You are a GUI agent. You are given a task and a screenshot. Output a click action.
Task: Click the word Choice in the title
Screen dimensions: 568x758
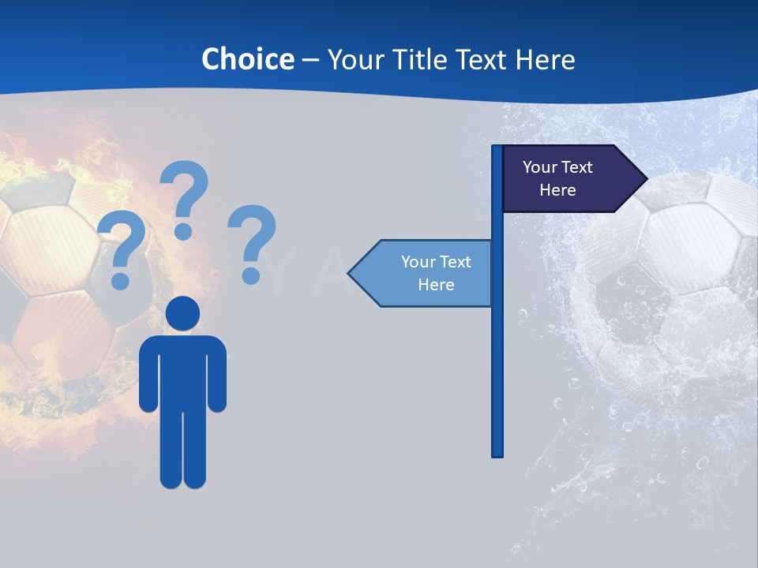pos(247,59)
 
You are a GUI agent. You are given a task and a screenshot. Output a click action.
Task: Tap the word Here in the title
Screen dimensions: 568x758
pos(545,59)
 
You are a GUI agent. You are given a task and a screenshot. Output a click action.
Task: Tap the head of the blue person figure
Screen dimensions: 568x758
pos(183,313)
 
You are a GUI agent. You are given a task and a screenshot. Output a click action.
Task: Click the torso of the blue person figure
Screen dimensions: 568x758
pos(183,371)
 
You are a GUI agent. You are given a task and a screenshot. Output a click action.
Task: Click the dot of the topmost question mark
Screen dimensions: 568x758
pos(183,231)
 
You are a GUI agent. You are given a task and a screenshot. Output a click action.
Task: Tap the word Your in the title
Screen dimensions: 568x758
pos(355,59)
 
